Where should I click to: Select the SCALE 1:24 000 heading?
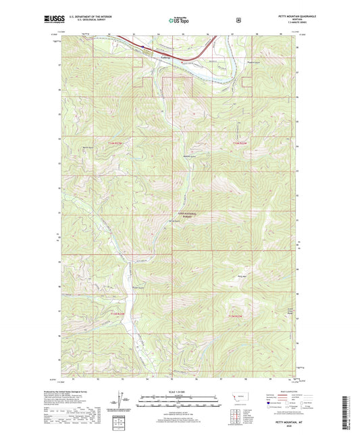click(x=180, y=392)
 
